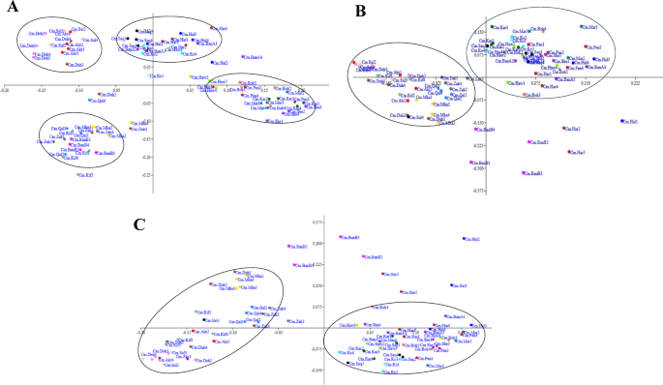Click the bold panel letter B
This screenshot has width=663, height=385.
362,13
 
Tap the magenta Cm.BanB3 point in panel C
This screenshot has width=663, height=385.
341,237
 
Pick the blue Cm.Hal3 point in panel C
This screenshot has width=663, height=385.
451,285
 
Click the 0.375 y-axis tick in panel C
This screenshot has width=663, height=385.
318,222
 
